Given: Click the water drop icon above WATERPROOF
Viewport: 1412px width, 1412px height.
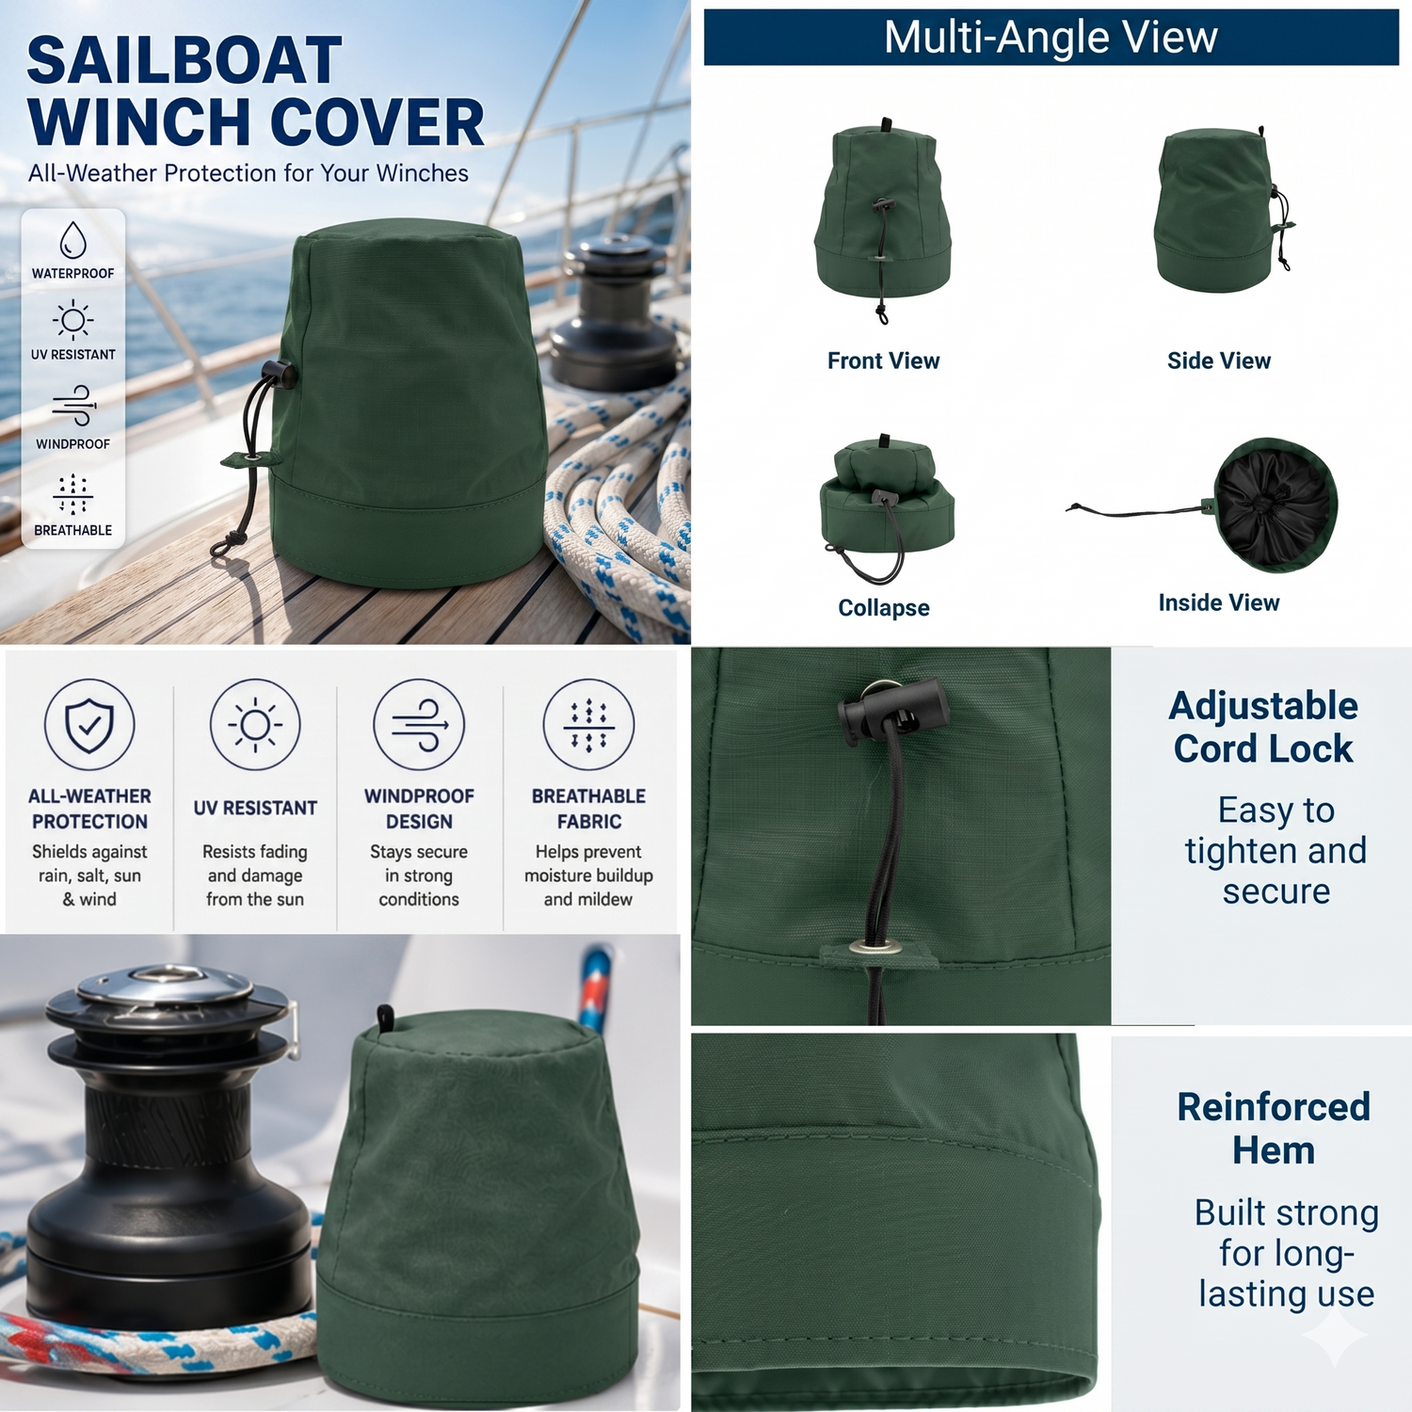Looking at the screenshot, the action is pyautogui.click(x=73, y=240).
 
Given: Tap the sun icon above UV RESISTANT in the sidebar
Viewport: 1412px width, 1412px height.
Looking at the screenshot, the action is pyautogui.click(x=73, y=320).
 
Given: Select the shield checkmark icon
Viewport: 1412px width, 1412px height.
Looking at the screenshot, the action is pyautogui.click(x=89, y=725).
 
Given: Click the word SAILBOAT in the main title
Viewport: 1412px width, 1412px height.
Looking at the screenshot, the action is pyautogui.click(x=185, y=61).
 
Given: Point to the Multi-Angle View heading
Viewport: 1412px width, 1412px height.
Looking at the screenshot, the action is pyautogui.click(x=1051, y=38).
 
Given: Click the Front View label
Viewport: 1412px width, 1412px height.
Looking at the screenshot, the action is pyautogui.click(x=883, y=361).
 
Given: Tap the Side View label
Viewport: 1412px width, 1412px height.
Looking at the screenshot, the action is pyautogui.click(x=1219, y=361).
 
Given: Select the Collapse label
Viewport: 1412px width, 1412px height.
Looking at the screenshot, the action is pyautogui.click(x=884, y=608).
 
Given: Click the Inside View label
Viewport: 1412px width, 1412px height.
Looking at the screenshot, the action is pyautogui.click(x=1219, y=602).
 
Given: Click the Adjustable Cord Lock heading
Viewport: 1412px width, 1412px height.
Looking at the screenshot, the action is pyautogui.click(x=1263, y=727).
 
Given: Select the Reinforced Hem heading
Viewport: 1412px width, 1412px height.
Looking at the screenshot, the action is pyautogui.click(x=1274, y=1129).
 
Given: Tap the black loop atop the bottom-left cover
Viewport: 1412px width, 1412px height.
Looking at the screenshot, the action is pyautogui.click(x=385, y=1018).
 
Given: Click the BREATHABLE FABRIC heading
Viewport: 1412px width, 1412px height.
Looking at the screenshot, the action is pyautogui.click(x=588, y=809).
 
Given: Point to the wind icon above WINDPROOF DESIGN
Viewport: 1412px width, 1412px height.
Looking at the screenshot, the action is pyautogui.click(x=419, y=725).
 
